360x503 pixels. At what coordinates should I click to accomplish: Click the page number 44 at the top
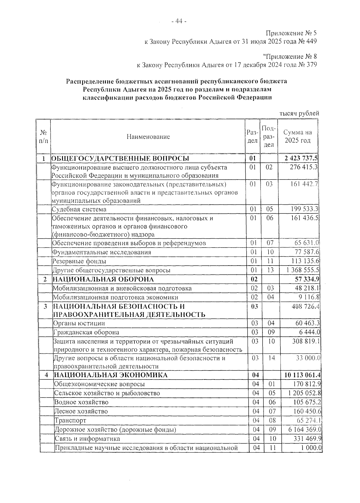pyautogui.click(x=179, y=21)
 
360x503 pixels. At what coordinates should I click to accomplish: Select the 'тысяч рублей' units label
pyautogui.click(x=299, y=113)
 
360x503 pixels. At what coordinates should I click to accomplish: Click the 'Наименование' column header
pyautogui.click(x=148, y=137)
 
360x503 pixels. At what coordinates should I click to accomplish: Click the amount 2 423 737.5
pyautogui.click(x=301, y=158)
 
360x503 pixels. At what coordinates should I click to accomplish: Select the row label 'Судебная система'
pyautogui.click(x=79, y=209)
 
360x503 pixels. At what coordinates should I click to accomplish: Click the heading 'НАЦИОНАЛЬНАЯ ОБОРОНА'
pyautogui.click(x=103, y=279)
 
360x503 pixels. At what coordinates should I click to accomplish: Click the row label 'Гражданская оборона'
pyautogui.click(x=86, y=332)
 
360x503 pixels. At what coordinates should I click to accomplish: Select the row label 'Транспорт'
pyautogui.click(x=70, y=421)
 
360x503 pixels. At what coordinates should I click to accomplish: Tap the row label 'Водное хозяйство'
pyautogui.click(x=81, y=402)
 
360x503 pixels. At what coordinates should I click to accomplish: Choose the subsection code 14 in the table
pyautogui.click(x=271, y=358)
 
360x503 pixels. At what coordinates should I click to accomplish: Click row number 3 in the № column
pyautogui.click(x=45, y=306)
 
